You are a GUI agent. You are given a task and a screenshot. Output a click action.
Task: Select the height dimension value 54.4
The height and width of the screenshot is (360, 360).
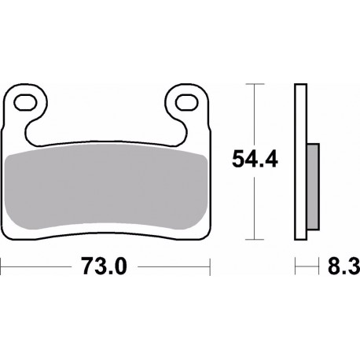tap(253, 161)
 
